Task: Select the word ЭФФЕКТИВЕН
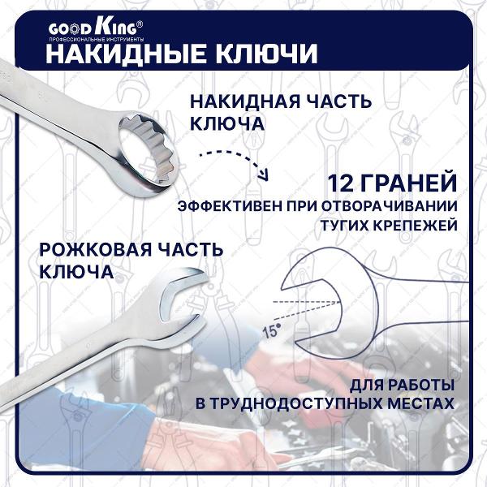point(225,206)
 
